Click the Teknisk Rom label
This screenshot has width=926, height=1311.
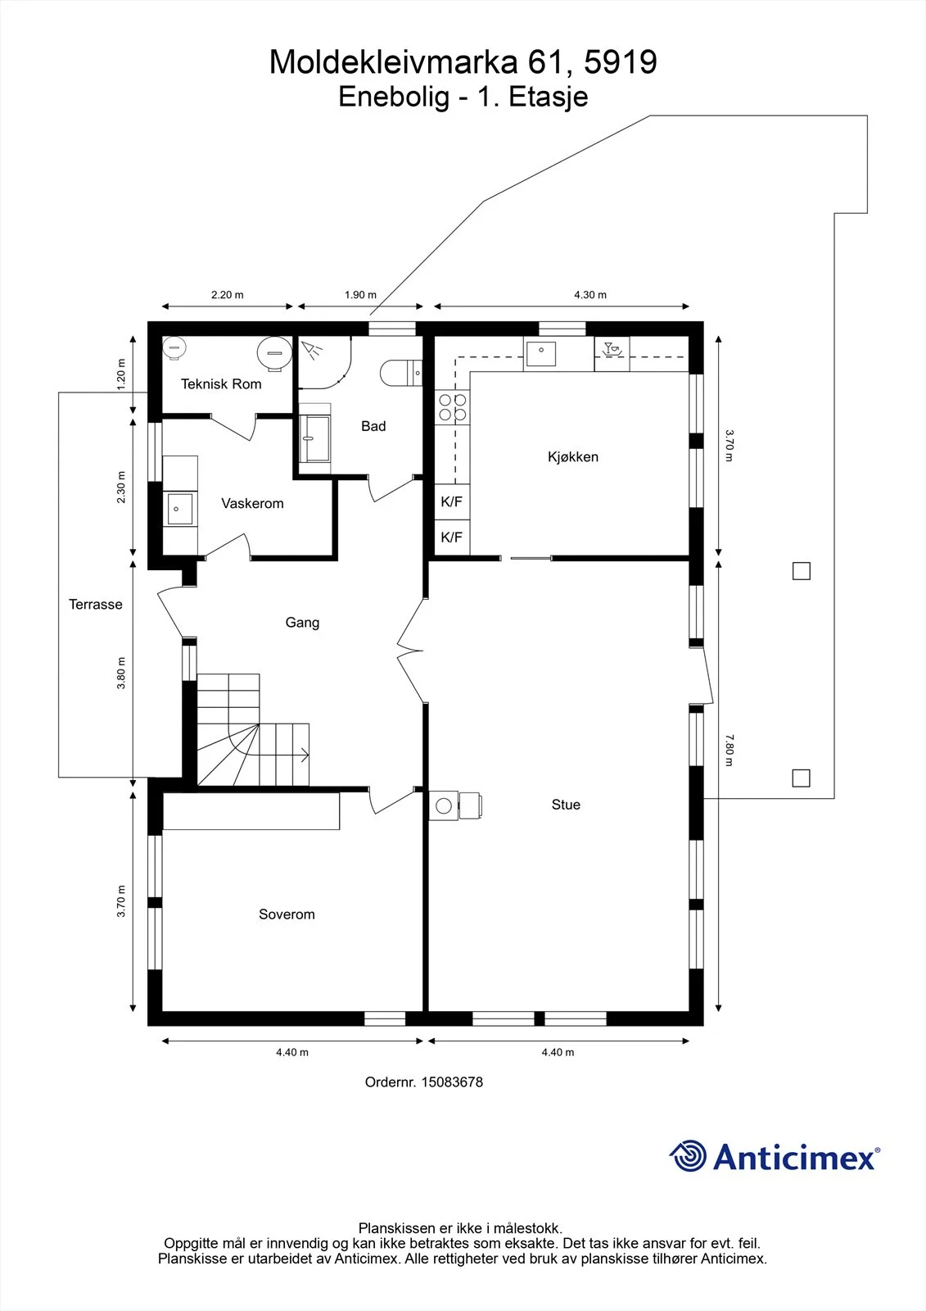220,384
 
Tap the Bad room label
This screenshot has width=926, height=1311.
373,426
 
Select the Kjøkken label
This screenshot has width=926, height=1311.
572,456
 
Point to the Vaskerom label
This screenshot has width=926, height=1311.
252,503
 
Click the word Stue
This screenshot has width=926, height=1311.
566,805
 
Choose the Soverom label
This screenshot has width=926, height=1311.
287,914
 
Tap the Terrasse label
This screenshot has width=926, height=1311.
95,604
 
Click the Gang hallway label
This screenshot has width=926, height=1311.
302,622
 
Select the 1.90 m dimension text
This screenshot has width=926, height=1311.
360,295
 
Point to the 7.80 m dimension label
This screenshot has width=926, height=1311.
729,751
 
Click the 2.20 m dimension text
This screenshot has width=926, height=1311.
227,295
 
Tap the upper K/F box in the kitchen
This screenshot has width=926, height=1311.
452,501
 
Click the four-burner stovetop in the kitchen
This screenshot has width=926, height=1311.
452,407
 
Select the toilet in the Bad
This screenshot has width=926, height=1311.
400,372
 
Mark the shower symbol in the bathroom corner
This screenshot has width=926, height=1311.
310,350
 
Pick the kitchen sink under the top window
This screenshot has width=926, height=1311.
541,354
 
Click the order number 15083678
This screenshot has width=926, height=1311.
452,1082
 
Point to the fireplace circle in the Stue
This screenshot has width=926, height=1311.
444,806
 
